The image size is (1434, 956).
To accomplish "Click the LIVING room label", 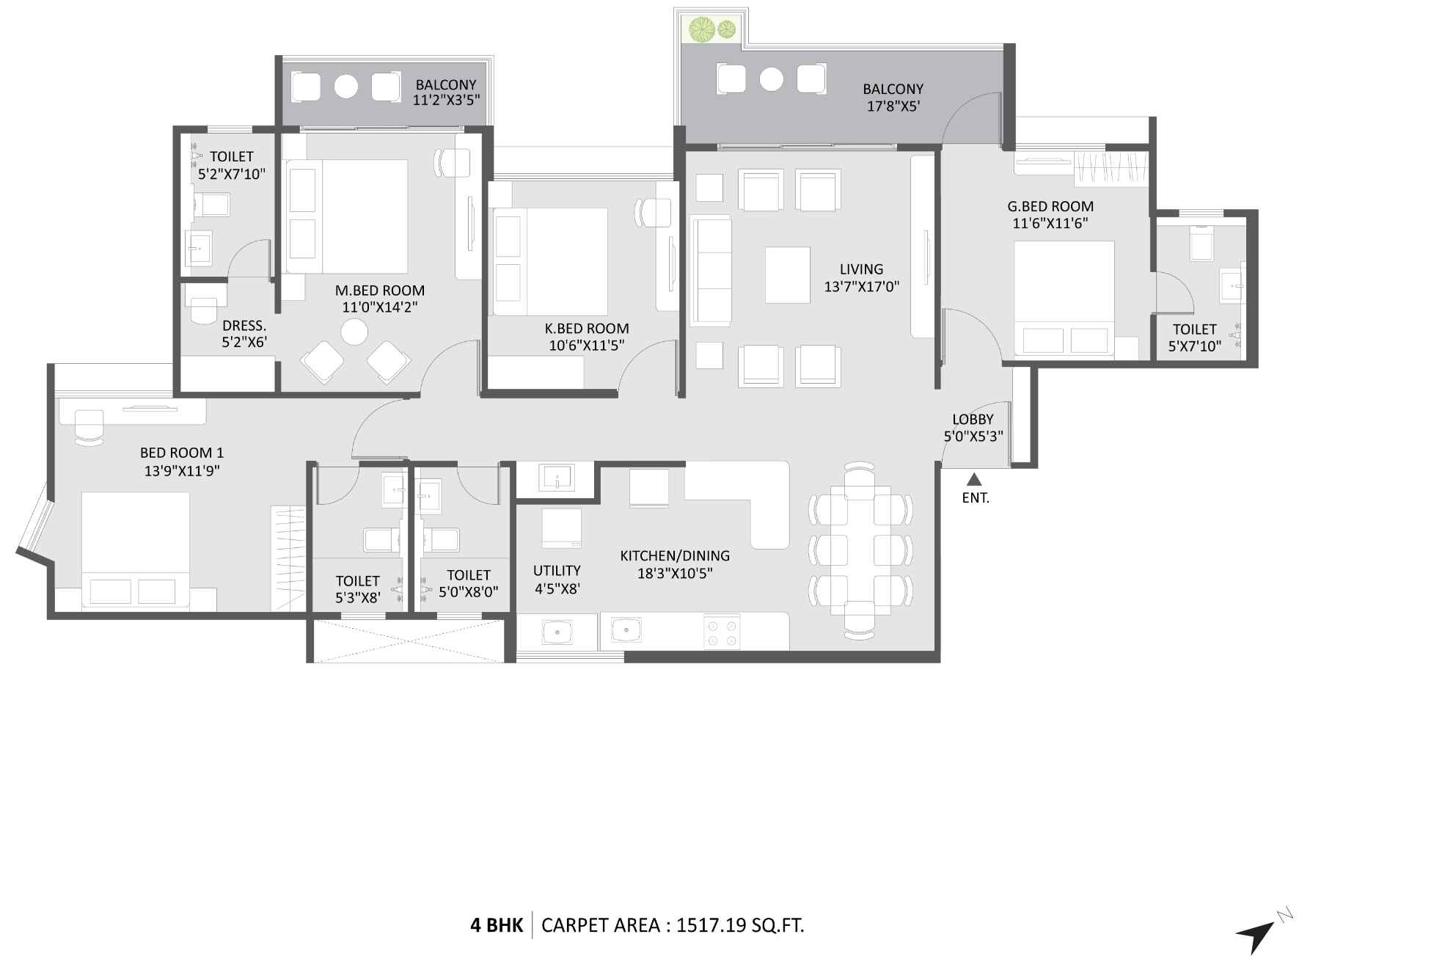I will tap(861, 269).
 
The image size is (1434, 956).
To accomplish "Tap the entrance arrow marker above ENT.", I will tap(974, 480).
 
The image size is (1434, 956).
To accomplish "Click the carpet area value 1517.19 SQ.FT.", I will tap(740, 925).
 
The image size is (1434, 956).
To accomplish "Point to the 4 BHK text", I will tap(497, 925).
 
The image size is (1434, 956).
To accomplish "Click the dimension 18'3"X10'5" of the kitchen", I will tap(674, 573).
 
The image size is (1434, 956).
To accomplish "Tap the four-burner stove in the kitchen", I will tap(722, 632).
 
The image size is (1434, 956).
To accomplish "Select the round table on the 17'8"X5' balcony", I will tap(772, 79).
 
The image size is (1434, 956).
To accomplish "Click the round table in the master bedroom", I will tap(355, 332).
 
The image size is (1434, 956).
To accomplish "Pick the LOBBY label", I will tap(973, 419).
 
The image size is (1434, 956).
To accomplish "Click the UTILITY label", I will tap(557, 570).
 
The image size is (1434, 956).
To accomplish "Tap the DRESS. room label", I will tap(244, 325).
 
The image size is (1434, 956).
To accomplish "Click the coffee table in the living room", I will tap(787, 274).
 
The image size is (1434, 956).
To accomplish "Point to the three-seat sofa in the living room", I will tap(711, 270).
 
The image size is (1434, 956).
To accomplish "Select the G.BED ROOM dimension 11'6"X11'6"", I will tap(1050, 224).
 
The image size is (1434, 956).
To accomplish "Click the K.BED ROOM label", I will tap(586, 329).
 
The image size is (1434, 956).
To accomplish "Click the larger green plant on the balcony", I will tap(703, 29).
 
